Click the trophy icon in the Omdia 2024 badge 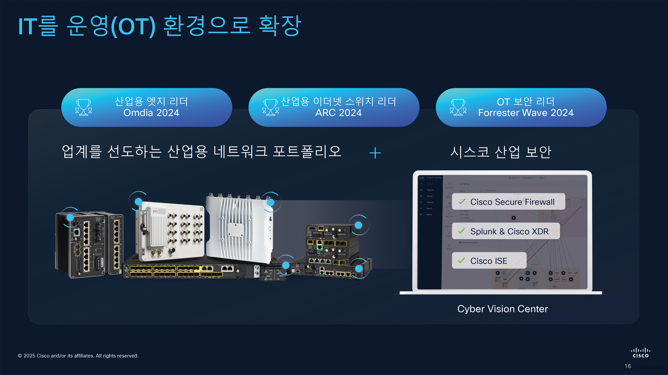(83, 107)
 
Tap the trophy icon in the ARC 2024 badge (270, 107)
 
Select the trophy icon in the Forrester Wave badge (458, 107)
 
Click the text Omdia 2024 (151, 113)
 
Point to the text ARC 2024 (338, 113)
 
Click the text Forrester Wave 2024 (526, 113)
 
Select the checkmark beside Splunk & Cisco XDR (462, 231)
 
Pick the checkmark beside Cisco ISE (462, 260)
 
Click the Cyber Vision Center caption (502, 309)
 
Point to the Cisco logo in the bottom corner (640, 353)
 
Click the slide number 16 (627, 366)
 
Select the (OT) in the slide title (133, 27)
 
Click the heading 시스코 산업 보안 (500, 152)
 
